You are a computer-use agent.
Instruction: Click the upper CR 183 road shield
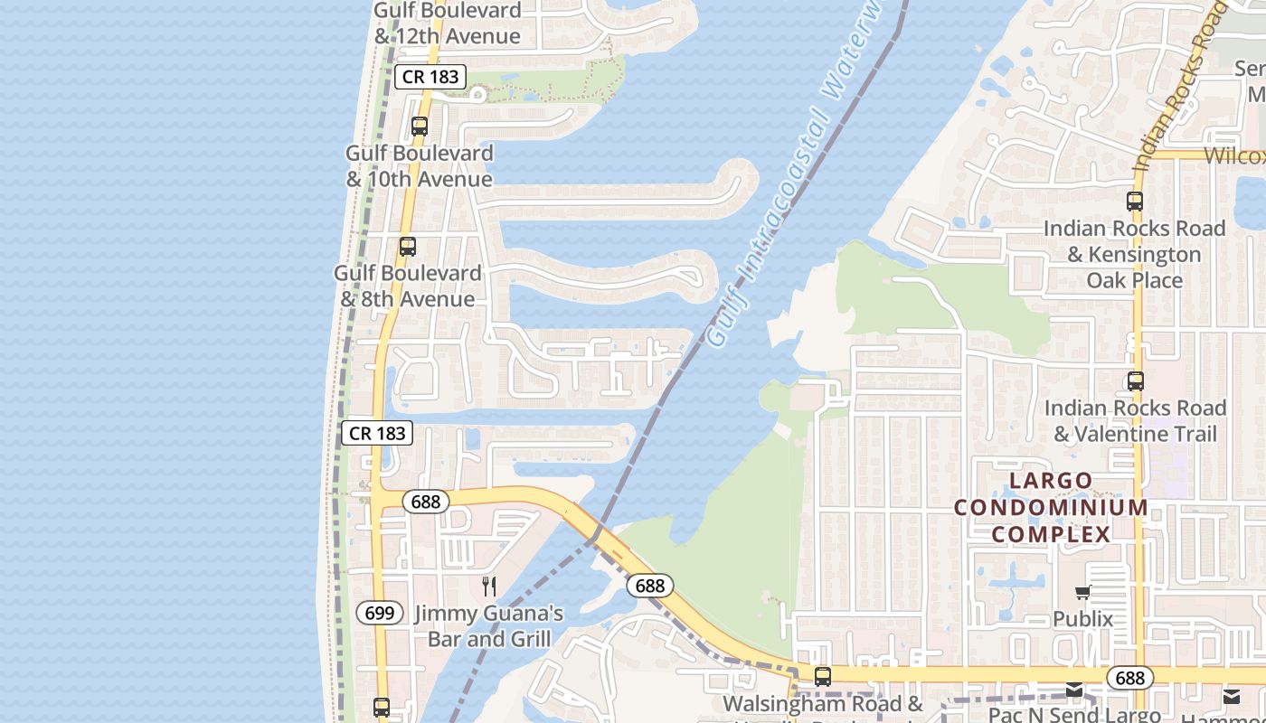pos(431,77)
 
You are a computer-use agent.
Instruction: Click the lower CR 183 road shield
pos(377,433)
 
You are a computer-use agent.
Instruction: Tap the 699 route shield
pos(380,613)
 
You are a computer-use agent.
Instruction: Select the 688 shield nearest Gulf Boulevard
pos(425,501)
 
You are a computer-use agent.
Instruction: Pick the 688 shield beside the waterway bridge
pos(649,586)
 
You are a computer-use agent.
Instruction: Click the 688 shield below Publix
pos(1129,678)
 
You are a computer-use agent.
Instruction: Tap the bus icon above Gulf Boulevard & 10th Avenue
pos(420,127)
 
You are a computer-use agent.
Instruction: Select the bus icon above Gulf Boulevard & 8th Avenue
pos(408,246)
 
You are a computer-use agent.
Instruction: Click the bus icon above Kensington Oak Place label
pos(1135,202)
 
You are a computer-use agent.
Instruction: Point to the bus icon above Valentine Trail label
pos(1136,381)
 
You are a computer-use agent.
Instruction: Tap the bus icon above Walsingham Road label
pos(823,676)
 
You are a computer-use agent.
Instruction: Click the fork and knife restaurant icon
pos(489,586)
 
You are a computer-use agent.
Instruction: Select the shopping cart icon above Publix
pos(1082,593)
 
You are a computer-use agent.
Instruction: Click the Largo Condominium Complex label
pos(1051,507)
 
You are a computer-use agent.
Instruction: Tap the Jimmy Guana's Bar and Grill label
pos(488,626)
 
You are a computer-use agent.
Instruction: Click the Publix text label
pos(1082,619)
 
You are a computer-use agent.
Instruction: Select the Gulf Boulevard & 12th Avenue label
pos(448,23)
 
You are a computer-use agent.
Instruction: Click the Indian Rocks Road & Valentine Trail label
pos(1135,421)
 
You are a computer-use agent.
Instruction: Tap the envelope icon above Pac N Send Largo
pos(1073,690)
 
